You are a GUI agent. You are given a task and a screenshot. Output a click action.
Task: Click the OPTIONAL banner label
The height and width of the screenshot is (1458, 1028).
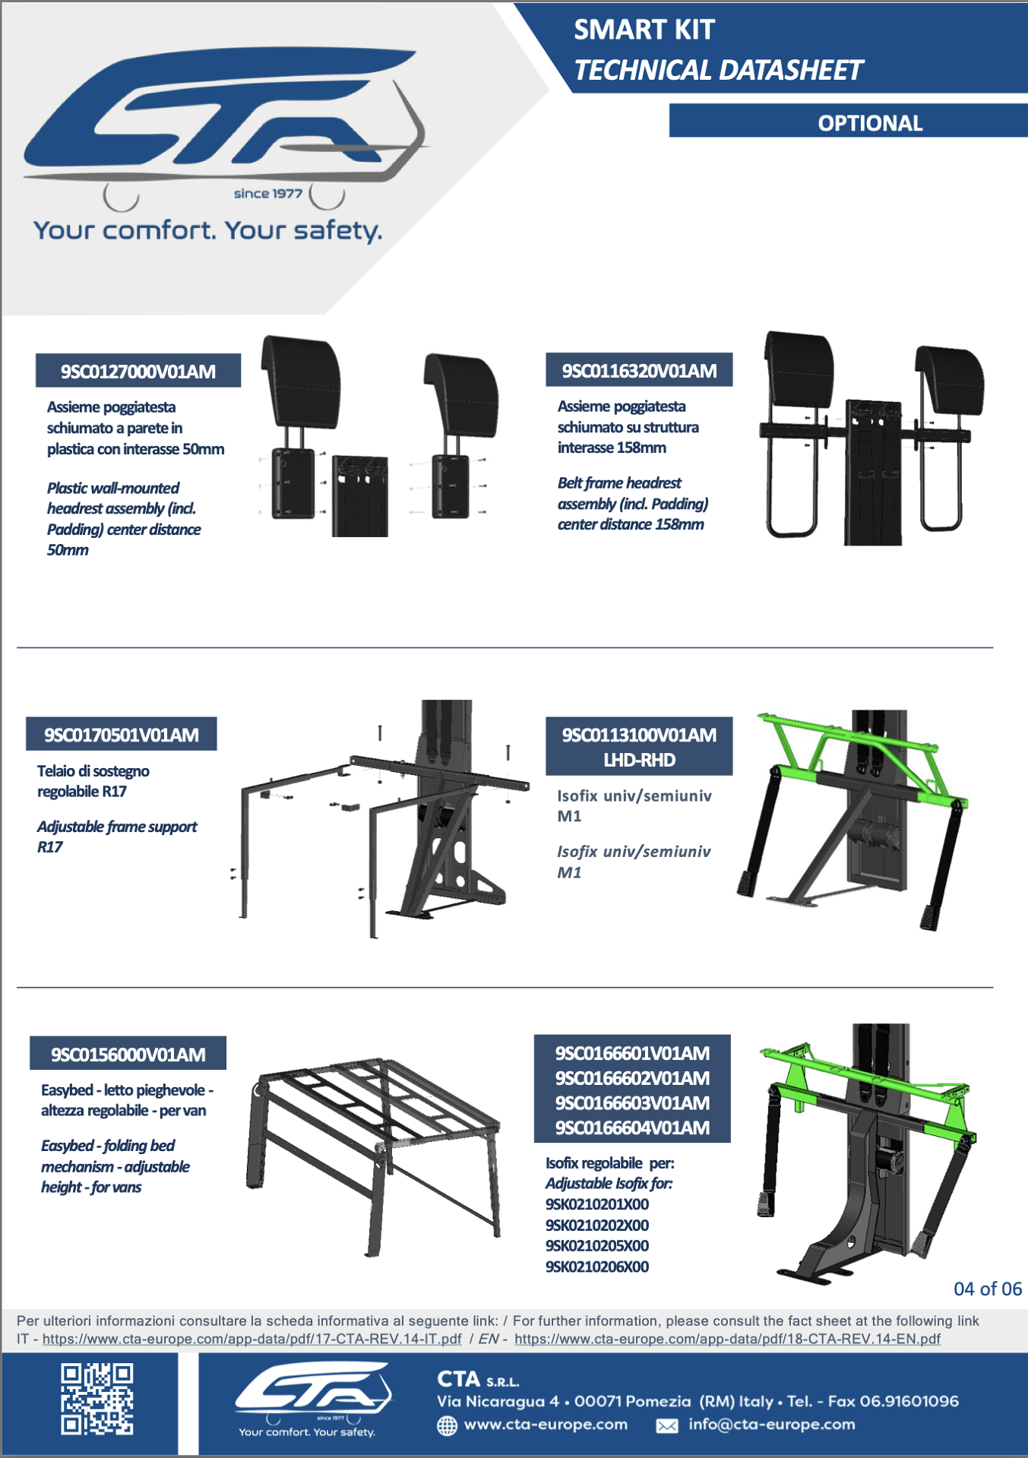[x=870, y=123]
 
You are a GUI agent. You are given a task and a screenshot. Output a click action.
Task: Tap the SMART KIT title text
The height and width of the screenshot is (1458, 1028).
[x=644, y=30]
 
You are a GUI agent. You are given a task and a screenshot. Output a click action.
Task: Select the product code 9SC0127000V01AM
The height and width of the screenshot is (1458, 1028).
[x=138, y=372]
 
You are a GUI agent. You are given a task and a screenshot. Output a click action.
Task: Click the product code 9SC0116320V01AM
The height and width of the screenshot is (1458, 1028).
[x=639, y=371]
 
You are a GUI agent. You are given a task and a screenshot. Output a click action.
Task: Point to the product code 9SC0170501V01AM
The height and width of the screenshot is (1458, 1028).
[x=122, y=735]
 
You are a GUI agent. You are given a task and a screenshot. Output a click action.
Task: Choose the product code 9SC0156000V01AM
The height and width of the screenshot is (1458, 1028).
[x=128, y=1055]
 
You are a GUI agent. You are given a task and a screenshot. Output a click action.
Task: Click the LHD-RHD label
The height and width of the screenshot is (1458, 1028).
[x=639, y=760]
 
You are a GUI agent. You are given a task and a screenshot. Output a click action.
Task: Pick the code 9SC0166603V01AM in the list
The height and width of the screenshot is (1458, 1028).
[x=632, y=1102]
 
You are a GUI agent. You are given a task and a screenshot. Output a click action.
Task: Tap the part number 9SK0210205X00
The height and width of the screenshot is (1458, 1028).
[x=597, y=1245]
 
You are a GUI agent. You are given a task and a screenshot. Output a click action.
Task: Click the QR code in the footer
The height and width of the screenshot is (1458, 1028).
[x=97, y=1399]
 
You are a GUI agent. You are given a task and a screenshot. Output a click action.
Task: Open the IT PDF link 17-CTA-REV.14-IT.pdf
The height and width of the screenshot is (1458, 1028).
[x=251, y=1339]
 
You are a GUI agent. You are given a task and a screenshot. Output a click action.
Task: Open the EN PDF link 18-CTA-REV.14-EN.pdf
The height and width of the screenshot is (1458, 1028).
[x=727, y=1339]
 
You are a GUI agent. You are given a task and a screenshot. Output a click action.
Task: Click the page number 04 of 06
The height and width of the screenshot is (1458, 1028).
[x=988, y=1289]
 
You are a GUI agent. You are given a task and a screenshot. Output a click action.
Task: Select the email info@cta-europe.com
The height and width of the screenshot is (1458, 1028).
[x=771, y=1425]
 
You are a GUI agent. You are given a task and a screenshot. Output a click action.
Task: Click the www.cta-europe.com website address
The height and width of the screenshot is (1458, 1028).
[x=546, y=1425]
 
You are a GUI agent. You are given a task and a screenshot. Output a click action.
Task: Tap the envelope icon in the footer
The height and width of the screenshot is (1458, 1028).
[x=667, y=1426]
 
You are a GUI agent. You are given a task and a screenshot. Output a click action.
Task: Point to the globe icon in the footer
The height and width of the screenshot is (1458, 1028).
[x=448, y=1425]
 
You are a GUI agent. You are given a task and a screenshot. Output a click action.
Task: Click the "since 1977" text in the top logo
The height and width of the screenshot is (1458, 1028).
[x=267, y=194]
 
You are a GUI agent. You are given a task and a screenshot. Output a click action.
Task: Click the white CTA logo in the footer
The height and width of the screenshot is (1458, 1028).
[x=312, y=1399]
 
